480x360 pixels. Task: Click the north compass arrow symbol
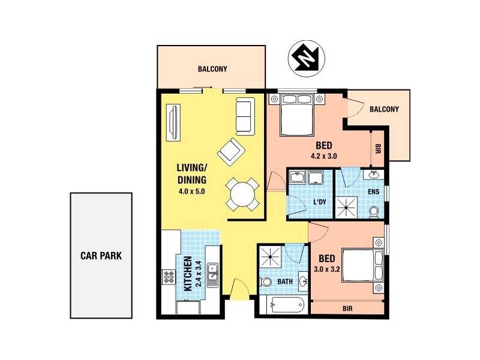pos(307,59)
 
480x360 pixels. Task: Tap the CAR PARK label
pos(101,255)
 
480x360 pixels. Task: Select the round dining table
pos(243,195)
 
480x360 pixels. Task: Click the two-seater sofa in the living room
pos(244,116)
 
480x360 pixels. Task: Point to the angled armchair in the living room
pos(231,151)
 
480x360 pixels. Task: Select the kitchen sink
pos(212,277)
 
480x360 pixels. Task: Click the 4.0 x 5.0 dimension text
pos(191,192)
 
